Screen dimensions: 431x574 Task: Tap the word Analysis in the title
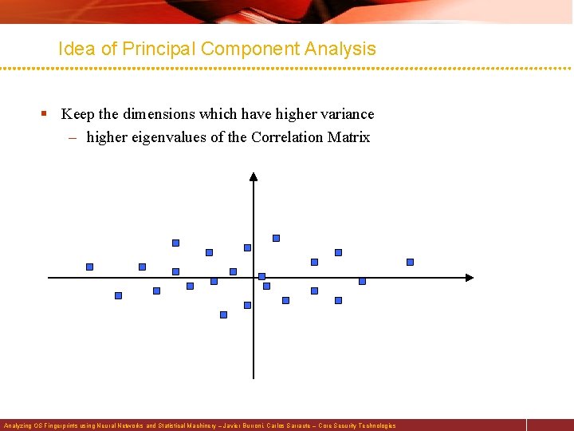[344, 49]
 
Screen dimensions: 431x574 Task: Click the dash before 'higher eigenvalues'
[73, 138]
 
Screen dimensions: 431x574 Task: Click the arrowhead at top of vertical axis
[254, 177]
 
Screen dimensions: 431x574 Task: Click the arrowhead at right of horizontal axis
[469, 278]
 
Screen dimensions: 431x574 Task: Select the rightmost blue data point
[411, 262]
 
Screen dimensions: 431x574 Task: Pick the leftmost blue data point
[89, 267]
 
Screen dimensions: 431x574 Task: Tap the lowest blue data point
[223, 314]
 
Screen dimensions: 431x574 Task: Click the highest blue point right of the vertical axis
[277, 238]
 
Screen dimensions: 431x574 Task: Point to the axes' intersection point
[254, 278]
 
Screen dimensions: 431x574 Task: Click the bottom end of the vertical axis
[254, 377]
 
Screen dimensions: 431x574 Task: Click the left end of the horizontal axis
[49, 278]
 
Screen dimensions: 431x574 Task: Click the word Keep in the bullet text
[76, 114]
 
